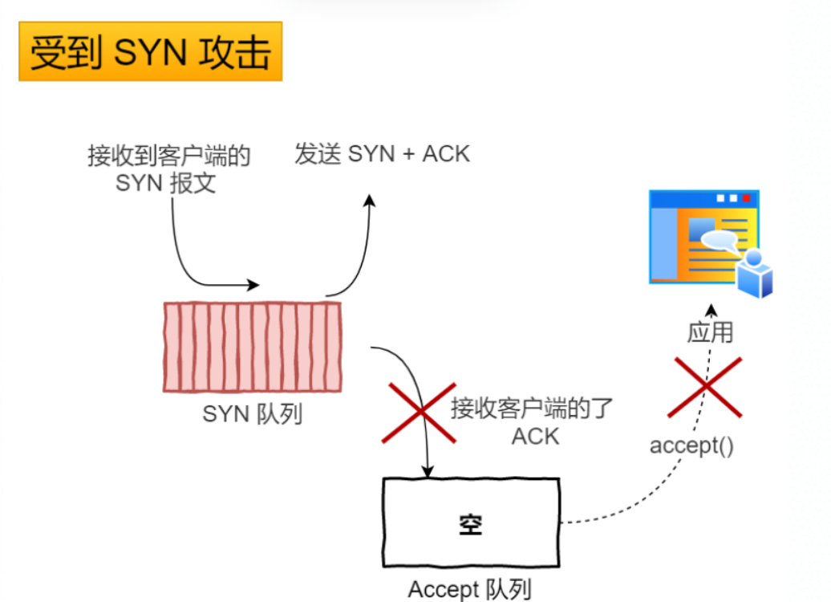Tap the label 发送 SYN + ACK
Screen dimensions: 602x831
(x=382, y=154)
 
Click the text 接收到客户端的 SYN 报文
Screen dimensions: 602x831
(x=168, y=169)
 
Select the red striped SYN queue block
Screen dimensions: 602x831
(x=252, y=347)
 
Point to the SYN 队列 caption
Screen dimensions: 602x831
(x=252, y=414)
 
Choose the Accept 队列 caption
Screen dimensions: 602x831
(x=469, y=590)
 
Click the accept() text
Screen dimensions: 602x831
(x=691, y=445)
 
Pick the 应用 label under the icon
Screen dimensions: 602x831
(x=710, y=332)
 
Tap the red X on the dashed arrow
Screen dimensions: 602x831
(x=705, y=387)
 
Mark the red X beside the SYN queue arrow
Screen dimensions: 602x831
(x=419, y=413)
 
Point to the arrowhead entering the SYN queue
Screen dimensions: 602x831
(x=254, y=285)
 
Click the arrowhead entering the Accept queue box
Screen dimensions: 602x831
(x=428, y=471)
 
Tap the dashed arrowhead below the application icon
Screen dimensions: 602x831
(x=710, y=309)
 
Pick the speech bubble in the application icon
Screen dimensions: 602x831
(x=719, y=239)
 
